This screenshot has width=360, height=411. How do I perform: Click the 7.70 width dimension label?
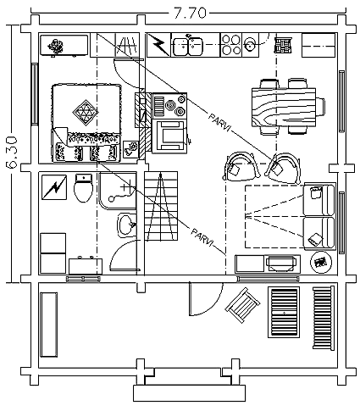pos(190,13)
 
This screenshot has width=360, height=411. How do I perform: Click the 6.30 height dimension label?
pos(13,153)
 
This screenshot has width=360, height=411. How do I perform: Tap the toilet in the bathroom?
pos(83,188)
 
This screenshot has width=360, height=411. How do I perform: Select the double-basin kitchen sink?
pos(188,46)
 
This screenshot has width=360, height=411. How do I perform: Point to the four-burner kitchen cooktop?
pos(231,45)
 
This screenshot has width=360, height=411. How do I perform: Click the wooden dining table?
pos(284,108)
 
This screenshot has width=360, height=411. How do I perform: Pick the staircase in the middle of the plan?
pos(161,206)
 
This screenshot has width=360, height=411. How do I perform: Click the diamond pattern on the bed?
pos(86,113)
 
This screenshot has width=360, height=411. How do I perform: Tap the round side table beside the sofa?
pos(321,263)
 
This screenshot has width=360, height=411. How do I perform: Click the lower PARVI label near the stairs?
pos(202,237)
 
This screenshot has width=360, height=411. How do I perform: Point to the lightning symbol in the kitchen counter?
pos(158,45)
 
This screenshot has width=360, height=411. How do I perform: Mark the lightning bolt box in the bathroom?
pos(54,187)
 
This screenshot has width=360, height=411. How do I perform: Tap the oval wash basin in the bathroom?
pos(127,225)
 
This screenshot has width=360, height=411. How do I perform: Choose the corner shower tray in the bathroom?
pos(118,191)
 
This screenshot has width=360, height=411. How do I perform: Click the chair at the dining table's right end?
pos(320,107)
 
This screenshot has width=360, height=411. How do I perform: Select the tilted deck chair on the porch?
pos(242,305)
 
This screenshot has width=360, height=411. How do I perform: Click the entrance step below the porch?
pos(189,393)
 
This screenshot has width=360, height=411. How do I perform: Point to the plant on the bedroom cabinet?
pos(56,46)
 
